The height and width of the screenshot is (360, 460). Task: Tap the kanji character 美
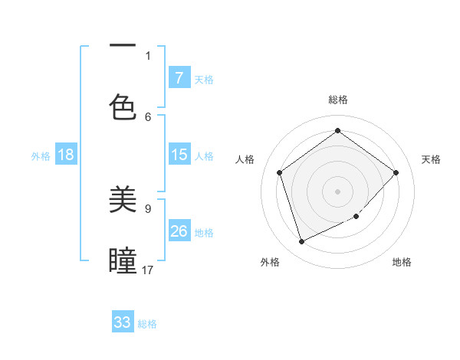123,199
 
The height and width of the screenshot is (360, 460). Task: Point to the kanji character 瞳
123,260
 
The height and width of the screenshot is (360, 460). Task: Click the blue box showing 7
179,78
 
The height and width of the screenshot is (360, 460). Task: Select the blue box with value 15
179,155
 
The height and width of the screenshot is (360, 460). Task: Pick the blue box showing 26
179,231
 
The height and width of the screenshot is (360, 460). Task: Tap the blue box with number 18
66,155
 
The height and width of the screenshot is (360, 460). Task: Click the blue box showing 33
123,322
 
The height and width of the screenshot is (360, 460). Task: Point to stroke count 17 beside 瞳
148,270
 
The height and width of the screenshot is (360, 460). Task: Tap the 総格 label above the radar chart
338,100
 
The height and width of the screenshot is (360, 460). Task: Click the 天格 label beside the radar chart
431,159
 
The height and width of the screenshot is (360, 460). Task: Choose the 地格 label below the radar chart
402,262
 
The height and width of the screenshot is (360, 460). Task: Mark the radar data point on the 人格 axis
280,172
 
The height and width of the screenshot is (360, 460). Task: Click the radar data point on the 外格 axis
301,242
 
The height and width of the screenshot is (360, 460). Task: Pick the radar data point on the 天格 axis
396,172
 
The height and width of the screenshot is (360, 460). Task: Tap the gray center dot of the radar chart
337,191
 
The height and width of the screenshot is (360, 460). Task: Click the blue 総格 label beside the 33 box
148,324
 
